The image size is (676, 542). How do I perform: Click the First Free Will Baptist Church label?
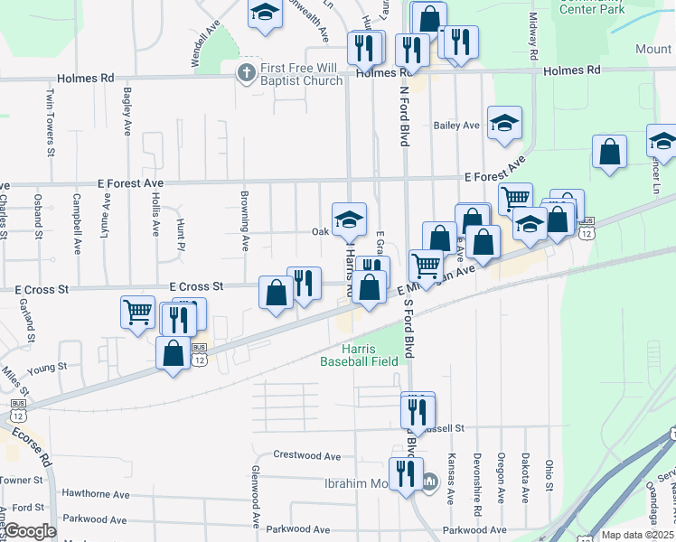click(x=302, y=74)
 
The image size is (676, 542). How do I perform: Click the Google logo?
click(x=29, y=531)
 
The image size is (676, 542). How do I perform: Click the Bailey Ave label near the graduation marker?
click(x=456, y=126)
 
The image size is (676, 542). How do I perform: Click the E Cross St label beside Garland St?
click(x=43, y=291)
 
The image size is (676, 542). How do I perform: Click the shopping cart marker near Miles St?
click(x=137, y=313)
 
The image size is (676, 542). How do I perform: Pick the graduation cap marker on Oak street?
click(x=349, y=220)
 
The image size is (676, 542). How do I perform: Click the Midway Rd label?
click(x=533, y=32)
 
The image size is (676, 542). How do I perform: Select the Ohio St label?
click(x=549, y=476)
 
